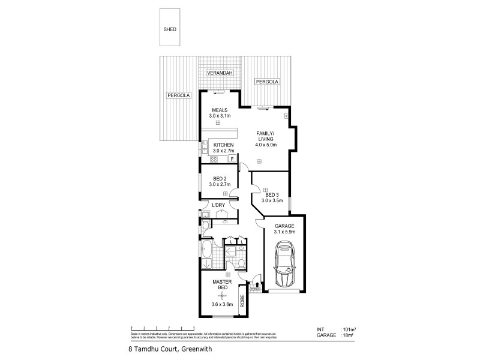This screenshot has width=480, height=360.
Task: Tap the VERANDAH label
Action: [220, 73]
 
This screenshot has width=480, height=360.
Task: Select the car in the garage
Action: [283, 265]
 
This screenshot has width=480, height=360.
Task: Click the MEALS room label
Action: [218, 110]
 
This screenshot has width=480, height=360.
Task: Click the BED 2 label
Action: [219, 178]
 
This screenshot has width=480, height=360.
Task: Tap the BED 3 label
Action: [272, 195]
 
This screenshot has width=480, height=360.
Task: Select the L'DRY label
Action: [218, 205]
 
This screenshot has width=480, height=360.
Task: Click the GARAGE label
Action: [284, 226]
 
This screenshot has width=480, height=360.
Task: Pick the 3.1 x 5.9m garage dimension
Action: [284, 232]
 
